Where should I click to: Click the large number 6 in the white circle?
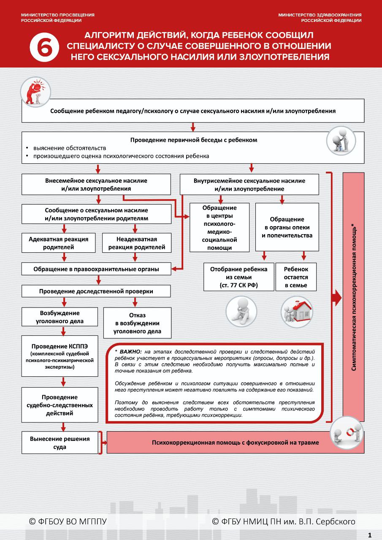44,47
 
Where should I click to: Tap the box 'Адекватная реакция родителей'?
59,243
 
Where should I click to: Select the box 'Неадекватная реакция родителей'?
137,243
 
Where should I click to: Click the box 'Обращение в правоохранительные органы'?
96,269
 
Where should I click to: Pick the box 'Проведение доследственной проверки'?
96,291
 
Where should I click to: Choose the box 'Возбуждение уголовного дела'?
60,317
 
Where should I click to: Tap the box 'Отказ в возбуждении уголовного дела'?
137,323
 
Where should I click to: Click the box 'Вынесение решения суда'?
60,443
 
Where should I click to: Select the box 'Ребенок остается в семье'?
296,277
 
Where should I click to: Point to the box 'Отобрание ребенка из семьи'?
239,277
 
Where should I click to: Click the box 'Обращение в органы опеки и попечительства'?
287,227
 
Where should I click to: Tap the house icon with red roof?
297,312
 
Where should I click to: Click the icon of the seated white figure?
241,311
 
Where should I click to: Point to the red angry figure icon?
36,92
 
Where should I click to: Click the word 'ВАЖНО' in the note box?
131,352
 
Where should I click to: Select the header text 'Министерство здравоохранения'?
320,15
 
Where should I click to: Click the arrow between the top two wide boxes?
193,127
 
